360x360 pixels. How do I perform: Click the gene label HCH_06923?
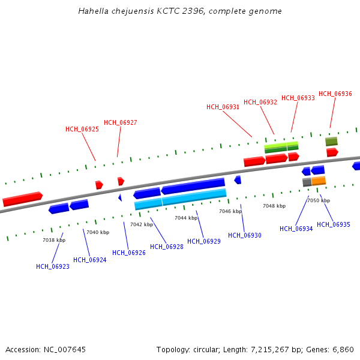pos(53,266)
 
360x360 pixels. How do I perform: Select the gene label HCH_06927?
pos(121,122)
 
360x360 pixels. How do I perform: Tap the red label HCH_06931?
pos(223,107)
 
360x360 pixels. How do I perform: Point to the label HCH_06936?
pos(335,94)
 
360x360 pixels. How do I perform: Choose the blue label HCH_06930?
pos(245,235)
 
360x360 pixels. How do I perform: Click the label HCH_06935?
pos(334,224)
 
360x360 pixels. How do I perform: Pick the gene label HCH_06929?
pos(204,241)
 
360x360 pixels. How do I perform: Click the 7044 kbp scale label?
pos(186,218)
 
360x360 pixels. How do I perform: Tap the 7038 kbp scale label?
pos(54,240)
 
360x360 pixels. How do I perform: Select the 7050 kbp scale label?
pos(319,200)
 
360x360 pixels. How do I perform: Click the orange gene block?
pos(319,180)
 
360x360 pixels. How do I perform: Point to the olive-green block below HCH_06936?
pos(331,142)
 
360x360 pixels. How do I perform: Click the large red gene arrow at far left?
pos(22,199)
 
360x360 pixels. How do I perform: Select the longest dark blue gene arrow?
pos(193,185)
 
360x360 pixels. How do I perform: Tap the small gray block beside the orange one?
pos(307,182)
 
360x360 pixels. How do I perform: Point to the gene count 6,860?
pos(344,349)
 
